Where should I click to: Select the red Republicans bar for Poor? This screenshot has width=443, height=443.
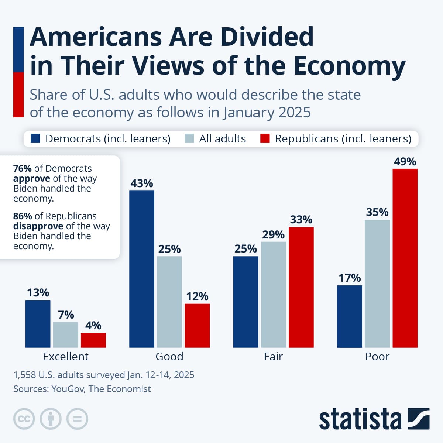(405, 258)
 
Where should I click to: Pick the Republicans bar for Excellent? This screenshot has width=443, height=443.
(93, 340)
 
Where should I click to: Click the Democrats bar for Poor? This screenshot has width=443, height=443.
(349, 316)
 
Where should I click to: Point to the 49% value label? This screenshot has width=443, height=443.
(405, 162)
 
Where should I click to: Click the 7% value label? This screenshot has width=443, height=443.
(66, 315)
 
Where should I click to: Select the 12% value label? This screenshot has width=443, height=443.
(197, 296)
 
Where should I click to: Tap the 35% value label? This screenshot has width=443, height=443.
(377, 212)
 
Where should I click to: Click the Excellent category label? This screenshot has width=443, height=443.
(66, 357)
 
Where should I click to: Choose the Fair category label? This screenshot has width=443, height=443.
(273, 357)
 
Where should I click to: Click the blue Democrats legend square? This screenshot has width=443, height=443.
(35, 138)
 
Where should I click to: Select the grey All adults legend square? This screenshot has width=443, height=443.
(189, 138)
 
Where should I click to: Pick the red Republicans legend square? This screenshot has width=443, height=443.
(265, 138)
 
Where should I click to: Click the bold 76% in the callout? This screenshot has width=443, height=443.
(22, 169)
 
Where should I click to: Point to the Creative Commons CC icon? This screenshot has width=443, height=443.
(24, 419)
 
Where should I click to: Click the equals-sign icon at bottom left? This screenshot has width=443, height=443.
(77, 419)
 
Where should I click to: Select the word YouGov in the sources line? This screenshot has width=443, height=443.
(67, 389)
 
